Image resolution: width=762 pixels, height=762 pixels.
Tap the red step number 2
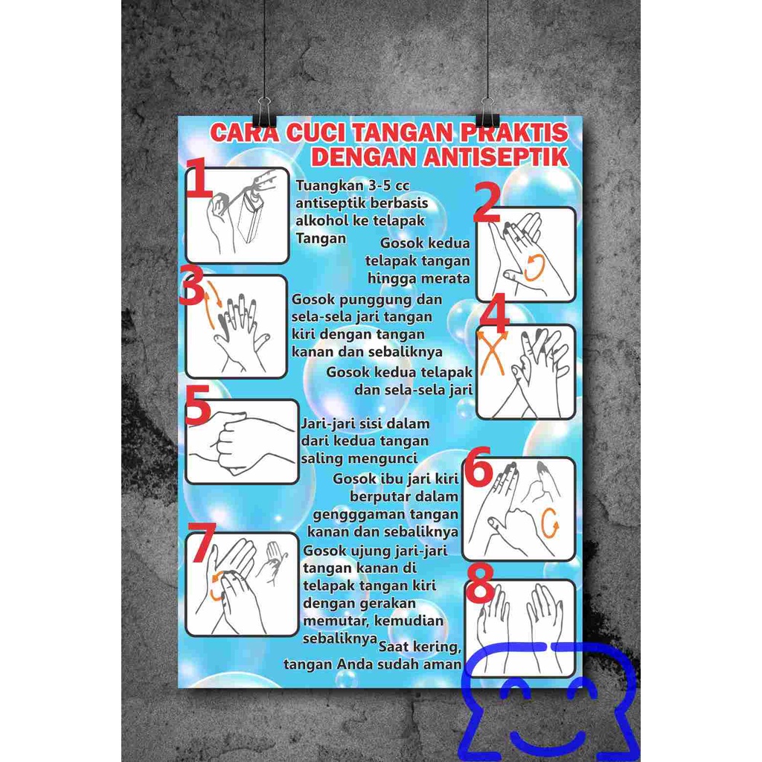coord(487,202)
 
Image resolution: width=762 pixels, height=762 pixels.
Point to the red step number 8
coord(480,582)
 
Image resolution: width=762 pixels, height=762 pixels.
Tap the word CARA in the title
coord(245,132)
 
